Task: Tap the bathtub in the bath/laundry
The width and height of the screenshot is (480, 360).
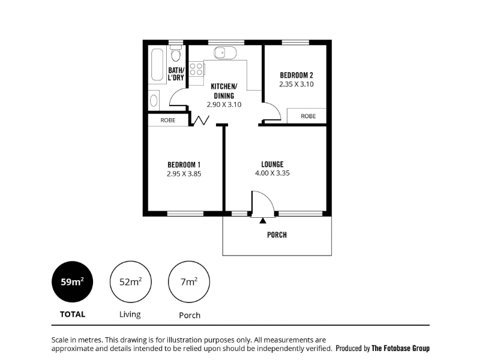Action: [157, 64]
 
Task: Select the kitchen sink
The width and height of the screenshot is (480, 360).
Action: [225, 53]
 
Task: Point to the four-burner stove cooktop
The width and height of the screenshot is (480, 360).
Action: [196, 69]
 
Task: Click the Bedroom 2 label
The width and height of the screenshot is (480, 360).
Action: [296, 75]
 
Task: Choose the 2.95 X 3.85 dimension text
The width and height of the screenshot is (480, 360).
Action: [184, 174]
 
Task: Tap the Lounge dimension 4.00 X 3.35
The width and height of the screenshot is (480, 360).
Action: [272, 173]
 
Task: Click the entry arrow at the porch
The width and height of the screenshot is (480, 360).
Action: [263, 220]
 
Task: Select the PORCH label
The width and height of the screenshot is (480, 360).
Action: [277, 235]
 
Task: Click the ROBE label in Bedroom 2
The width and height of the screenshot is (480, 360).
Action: [308, 116]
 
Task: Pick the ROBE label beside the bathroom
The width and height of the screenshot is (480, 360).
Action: [168, 121]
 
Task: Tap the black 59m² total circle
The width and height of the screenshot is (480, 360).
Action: [72, 281]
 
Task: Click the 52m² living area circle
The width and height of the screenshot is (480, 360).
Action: [131, 281]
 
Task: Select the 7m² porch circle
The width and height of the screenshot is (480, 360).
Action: [189, 281]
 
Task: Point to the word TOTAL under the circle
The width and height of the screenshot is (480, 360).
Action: [73, 314]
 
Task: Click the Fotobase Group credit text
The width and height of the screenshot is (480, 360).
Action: [400, 349]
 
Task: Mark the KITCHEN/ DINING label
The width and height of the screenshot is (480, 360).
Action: [224, 91]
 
